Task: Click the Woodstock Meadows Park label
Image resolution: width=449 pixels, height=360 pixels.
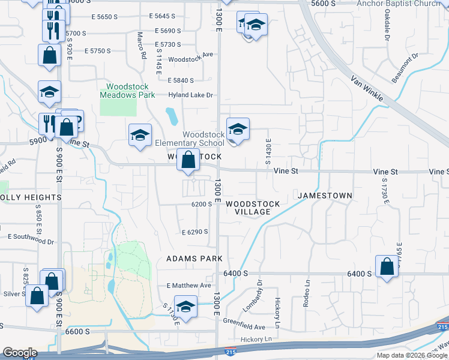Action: click(x=127, y=91)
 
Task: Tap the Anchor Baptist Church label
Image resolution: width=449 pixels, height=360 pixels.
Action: click(x=407, y=4)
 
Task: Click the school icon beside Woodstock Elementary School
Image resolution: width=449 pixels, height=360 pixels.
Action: click(x=238, y=130)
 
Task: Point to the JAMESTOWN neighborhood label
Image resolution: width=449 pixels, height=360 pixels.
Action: click(x=325, y=196)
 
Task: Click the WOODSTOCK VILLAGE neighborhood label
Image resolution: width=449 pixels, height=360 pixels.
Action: click(x=253, y=208)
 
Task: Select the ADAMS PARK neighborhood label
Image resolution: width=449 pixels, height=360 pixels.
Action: click(x=194, y=259)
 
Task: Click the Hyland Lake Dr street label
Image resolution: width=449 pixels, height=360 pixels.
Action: click(x=191, y=95)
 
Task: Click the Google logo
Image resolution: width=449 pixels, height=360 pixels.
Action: click(x=20, y=353)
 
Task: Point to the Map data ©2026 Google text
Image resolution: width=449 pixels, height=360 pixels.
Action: click(x=412, y=355)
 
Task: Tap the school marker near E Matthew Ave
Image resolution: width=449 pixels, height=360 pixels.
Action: click(x=186, y=306)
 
